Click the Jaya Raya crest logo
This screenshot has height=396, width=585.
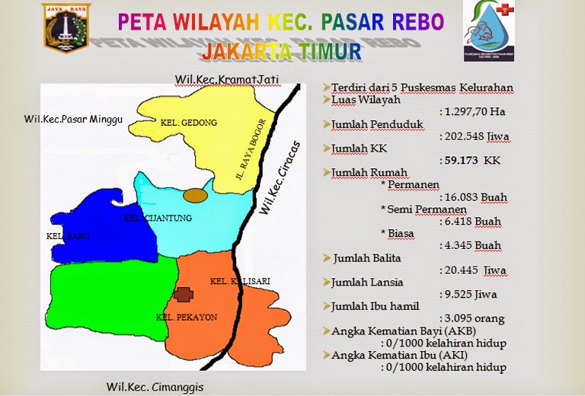coord(66,28)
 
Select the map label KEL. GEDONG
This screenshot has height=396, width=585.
coord(189,122)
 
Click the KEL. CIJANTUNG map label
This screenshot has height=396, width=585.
coord(158,219)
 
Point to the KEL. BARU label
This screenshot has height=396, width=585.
coord(68,236)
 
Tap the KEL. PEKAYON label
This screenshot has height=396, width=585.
coord(176,316)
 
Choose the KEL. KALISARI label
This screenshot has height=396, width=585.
coord(240,280)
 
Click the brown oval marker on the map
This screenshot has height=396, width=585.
coord(196,195)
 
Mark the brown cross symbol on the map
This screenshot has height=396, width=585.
coord(183,294)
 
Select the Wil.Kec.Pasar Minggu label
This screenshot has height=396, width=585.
coord(73,120)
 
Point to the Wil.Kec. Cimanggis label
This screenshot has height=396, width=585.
coord(155,387)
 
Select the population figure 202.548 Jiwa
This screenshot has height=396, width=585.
coord(475,137)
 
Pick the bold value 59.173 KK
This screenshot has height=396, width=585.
coord(470,161)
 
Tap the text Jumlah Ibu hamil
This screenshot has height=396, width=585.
coord(370,306)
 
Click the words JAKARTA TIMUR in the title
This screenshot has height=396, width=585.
coord(283,52)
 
